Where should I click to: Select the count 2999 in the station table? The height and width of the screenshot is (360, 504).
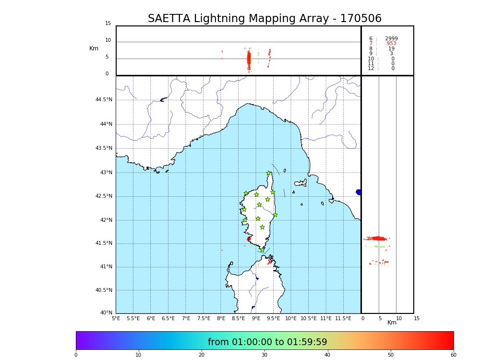391,39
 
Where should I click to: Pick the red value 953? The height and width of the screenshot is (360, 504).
391,44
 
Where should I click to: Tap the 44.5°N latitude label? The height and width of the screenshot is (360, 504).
104,100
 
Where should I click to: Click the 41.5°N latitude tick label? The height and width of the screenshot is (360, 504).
104,243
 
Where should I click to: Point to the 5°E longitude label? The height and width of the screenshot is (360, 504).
116,318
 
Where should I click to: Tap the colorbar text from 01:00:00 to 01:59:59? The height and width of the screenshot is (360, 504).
267,342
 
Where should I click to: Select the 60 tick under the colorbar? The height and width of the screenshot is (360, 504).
453,355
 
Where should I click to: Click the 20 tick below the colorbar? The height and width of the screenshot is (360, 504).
202,355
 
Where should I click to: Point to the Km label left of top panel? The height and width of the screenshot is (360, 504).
94,48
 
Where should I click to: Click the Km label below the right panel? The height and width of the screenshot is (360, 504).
392,323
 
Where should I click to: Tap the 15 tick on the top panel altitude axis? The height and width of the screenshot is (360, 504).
108,24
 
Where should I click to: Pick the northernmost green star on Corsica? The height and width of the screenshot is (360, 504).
269,173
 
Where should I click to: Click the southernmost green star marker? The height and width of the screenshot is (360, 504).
263,250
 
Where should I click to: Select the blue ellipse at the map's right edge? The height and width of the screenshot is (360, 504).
359,192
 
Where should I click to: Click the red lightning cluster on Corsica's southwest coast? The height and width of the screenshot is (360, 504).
249,239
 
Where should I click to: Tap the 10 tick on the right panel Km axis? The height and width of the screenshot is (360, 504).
399,318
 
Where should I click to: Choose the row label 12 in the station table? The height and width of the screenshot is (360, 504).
371,69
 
